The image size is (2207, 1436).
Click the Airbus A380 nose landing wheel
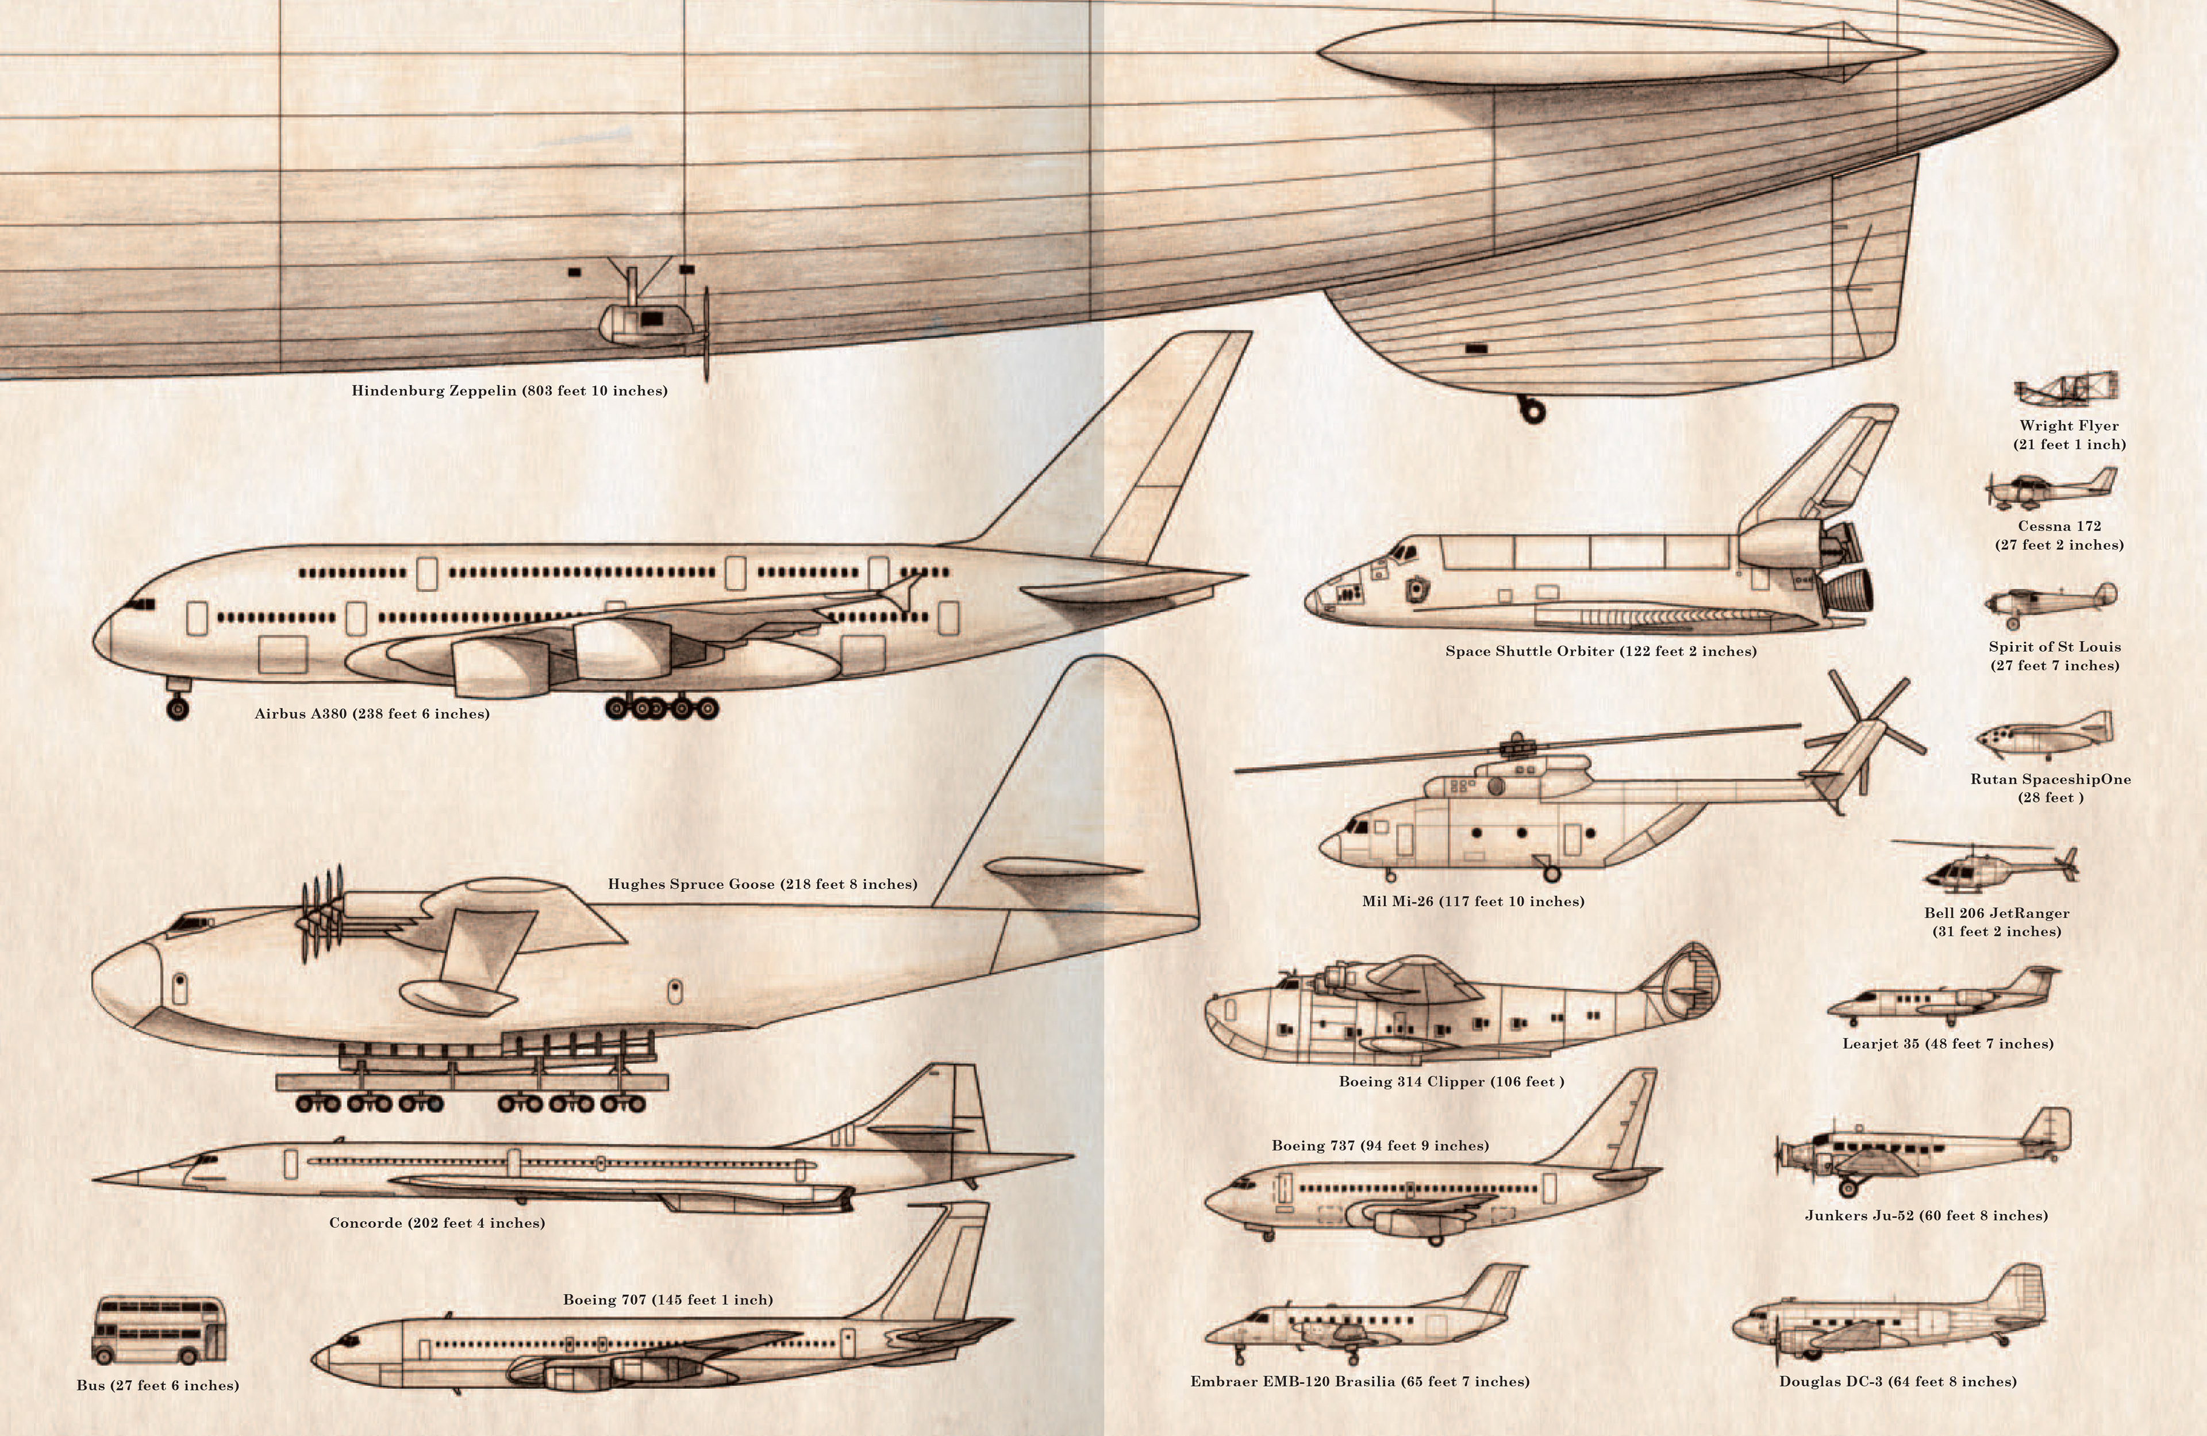tap(177, 708)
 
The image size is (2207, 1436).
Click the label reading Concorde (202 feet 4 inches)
tap(437, 1223)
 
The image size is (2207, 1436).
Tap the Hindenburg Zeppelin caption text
tap(509, 390)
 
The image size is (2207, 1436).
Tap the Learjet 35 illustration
tap(1943, 998)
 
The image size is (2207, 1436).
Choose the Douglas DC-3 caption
tap(1897, 1381)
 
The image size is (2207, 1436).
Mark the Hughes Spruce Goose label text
tap(762, 884)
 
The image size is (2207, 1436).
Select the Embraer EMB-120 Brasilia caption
tap(1359, 1381)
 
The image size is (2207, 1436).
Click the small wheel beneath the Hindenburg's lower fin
tap(1531, 409)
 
